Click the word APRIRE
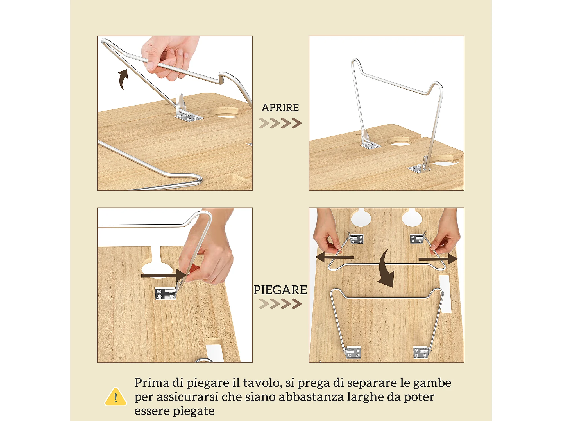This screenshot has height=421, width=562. coord(280,108)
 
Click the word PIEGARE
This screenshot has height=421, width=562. coord(280,290)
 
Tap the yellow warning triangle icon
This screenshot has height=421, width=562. coord(115,397)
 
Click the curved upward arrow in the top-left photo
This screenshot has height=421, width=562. coord(123,80)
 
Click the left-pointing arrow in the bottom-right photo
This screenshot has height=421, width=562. coord(334,257)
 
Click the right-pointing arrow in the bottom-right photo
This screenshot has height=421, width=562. coord(438,259)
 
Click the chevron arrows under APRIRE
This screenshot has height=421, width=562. coord(280,123)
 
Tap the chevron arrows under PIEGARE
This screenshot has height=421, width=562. coord(280,304)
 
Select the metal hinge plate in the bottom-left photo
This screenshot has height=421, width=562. coord(166,294)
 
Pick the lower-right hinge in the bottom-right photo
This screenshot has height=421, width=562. coord(422,353)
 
